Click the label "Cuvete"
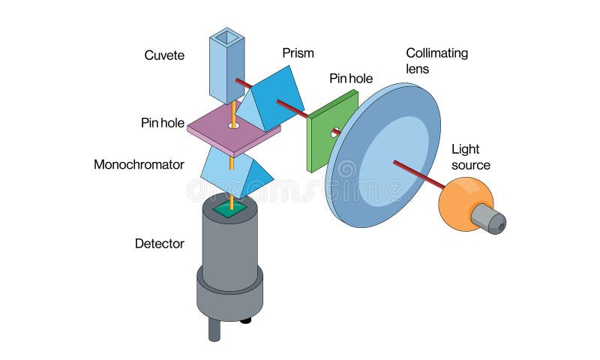163,55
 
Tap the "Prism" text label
298,53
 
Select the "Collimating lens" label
436,60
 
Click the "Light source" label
470,157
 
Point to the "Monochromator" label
139,164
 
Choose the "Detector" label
159,243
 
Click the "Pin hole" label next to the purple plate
162,122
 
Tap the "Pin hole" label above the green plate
351,78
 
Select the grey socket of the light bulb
490,219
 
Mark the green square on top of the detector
230,211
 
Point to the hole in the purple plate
234,124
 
